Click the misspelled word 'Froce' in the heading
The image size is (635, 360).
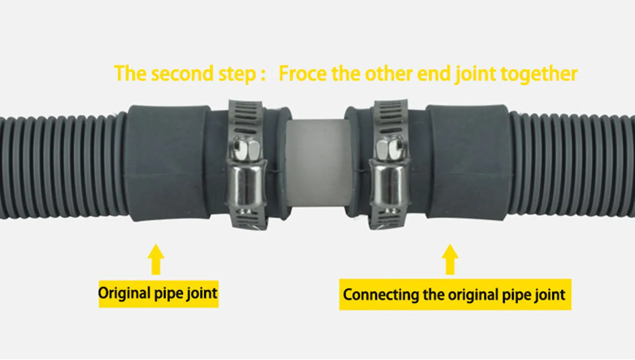[303, 74]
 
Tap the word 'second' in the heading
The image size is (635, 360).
[182, 74]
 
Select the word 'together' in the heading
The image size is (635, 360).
[539, 74]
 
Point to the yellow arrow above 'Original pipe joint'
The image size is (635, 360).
[156, 258]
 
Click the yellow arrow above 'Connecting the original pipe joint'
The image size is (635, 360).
[450, 258]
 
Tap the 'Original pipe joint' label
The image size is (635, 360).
[158, 294]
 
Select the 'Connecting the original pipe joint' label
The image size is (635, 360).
[455, 294]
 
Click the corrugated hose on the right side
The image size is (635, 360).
[571, 165]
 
